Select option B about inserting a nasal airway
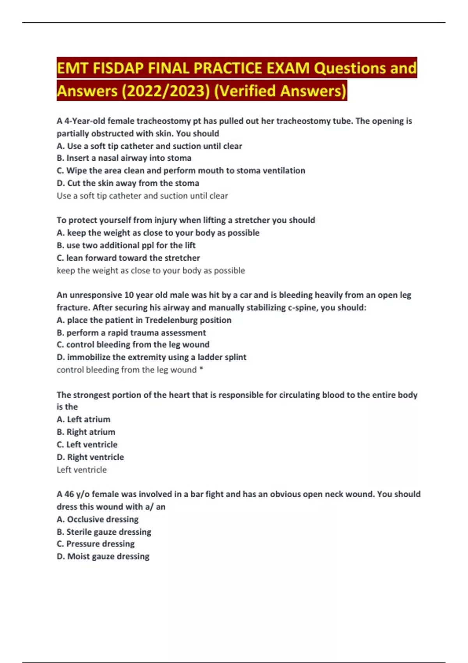[x=124, y=158]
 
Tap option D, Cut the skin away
[x=128, y=183]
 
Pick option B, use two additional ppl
[x=126, y=245]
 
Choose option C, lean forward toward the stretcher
[x=128, y=258]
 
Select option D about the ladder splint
[x=151, y=357]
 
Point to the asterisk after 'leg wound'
[x=201, y=369]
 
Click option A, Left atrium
[x=83, y=419]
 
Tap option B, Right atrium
[x=86, y=432]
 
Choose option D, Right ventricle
[x=90, y=457]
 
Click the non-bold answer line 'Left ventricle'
[x=82, y=470]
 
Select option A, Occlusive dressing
[x=97, y=519]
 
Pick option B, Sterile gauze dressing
[x=104, y=532]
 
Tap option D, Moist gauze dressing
[x=103, y=556]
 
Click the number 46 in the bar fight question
[x=69, y=494]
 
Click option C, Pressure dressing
[x=96, y=544]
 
